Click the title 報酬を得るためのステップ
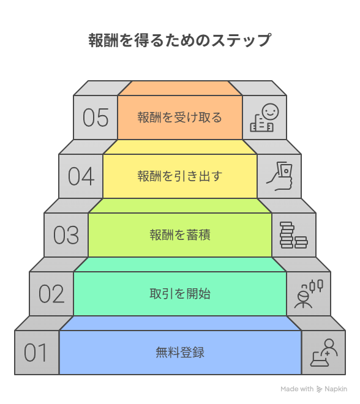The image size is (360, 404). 179,40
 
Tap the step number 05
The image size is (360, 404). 96,118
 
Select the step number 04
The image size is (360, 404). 81,176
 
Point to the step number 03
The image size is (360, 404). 66,235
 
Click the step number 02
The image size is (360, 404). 51,294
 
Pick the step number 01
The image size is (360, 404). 36,353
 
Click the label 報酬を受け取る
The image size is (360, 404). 179,118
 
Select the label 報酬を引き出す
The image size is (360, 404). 179,176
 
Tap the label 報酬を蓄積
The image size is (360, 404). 180,235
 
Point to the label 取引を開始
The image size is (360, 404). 180,294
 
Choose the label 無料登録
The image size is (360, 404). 180,353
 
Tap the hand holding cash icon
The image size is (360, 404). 279,176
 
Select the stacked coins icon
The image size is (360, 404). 294,235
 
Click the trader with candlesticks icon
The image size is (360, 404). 309,294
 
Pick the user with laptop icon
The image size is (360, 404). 324,353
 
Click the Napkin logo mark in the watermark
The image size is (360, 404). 319,389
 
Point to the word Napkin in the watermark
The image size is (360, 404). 336,389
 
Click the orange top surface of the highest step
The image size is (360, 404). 180,88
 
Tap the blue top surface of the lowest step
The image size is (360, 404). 180,323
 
